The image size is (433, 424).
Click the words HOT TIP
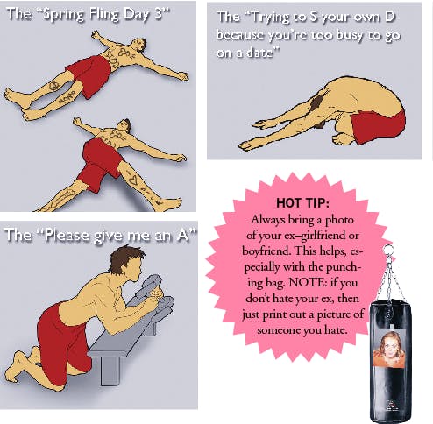click(x=302, y=202)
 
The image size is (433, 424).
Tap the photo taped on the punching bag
click(x=389, y=348)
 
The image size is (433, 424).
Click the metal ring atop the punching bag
click(x=388, y=251)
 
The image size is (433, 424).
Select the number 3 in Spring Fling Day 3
click(x=158, y=13)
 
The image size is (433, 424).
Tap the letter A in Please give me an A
click(x=183, y=235)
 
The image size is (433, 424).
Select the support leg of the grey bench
click(x=110, y=370)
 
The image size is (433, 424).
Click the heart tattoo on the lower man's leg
click(x=133, y=180)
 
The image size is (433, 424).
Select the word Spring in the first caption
click(x=64, y=14)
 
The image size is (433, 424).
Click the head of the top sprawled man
click(x=139, y=45)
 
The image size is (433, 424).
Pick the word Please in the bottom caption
click(x=67, y=236)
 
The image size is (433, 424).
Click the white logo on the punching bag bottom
click(x=390, y=406)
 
